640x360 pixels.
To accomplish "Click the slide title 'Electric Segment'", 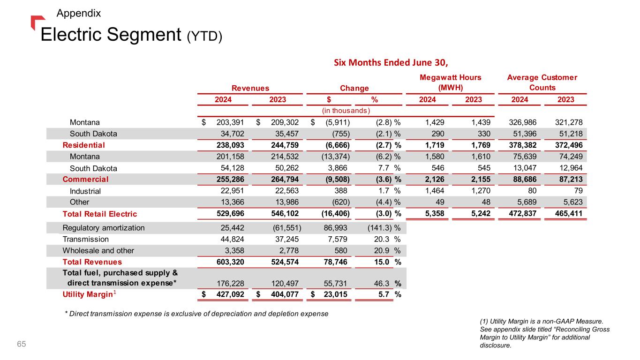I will coord(111,34).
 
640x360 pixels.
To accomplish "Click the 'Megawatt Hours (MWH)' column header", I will coord(450,82).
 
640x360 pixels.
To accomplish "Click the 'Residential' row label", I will coord(84,145).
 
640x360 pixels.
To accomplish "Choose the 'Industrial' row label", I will coord(85,191).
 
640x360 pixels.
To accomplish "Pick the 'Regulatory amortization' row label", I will coord(104,228).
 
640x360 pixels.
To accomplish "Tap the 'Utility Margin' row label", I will coord(88,295).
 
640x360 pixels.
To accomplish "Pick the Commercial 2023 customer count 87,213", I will coord(570,179).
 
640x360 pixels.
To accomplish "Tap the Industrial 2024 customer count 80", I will coord(525,191).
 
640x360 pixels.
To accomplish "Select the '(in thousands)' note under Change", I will coord(346,111).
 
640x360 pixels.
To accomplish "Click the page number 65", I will coord(22,345).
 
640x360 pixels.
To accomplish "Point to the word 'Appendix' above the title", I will coord(78,13).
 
